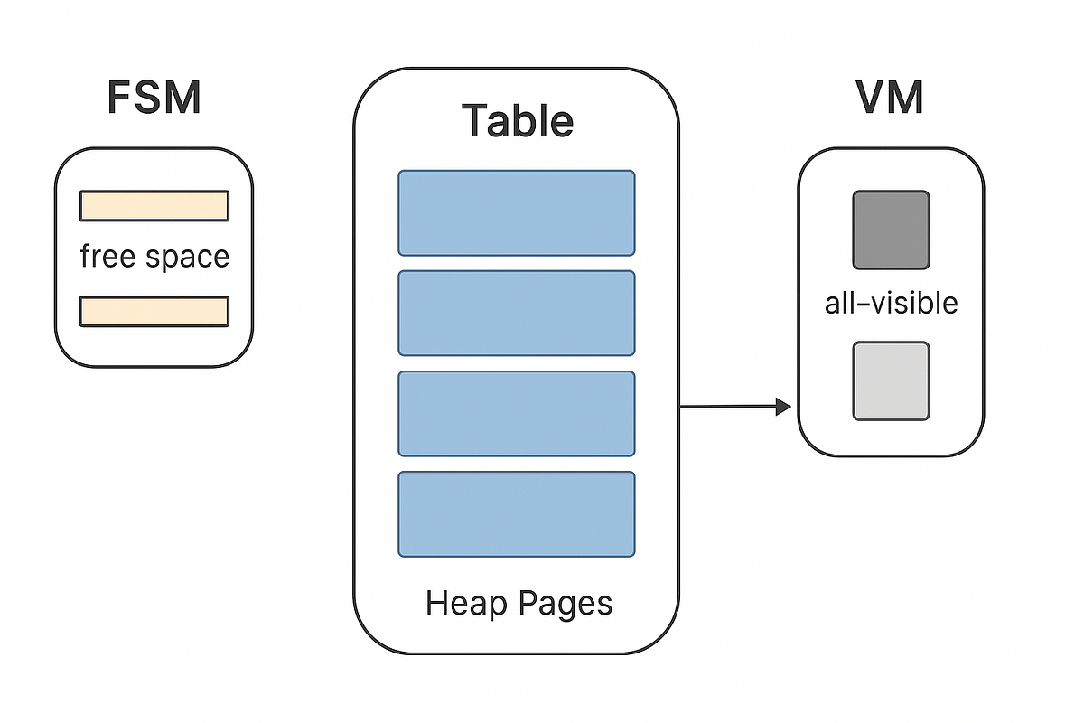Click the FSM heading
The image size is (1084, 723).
pos(154,99)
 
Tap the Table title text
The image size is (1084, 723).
pos(517,120)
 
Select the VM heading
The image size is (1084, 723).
pos(890,99)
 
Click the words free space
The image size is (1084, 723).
pos(154,257)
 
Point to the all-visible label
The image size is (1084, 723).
pos(891,303)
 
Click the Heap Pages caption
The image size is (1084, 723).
pos(518,603)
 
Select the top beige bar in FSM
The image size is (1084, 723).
pos(154,206)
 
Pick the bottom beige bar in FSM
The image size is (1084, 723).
pos(154,311)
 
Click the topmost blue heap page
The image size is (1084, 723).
pos(517,212)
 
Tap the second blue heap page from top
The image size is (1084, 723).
pos(517,313)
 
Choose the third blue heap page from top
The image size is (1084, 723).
pos(517,413)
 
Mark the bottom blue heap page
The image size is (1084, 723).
pos(517,513)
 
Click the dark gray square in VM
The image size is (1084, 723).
pos(891,230)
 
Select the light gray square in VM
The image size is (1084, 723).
pos(891,380)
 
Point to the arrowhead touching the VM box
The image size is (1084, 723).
pos(782,408)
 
